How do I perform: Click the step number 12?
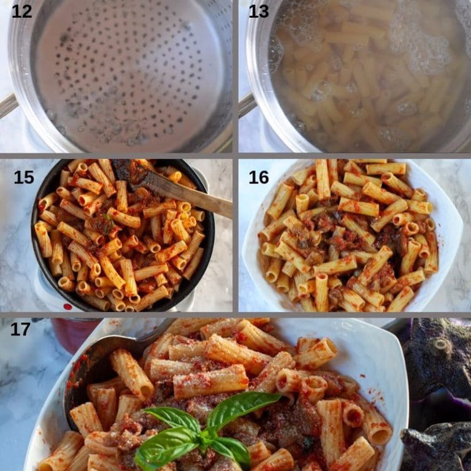click(21, 11)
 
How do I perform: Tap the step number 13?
click(258, 11)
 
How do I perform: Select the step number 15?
click(24, 177)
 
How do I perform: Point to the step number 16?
click(258, 177)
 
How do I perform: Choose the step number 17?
click(20, 329)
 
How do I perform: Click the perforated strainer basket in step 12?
click(129, 74)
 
